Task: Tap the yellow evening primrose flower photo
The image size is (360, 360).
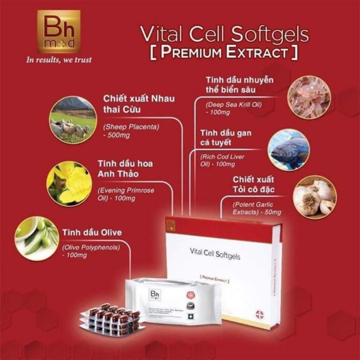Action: (x=69, y=183)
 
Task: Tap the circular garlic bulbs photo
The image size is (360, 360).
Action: (x=313, y=195)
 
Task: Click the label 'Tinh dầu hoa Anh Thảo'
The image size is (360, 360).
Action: (x=125, y=168)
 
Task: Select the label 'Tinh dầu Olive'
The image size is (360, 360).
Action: (x=91, y=232)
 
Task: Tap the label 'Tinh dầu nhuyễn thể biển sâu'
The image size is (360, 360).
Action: (x=240, y=84)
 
